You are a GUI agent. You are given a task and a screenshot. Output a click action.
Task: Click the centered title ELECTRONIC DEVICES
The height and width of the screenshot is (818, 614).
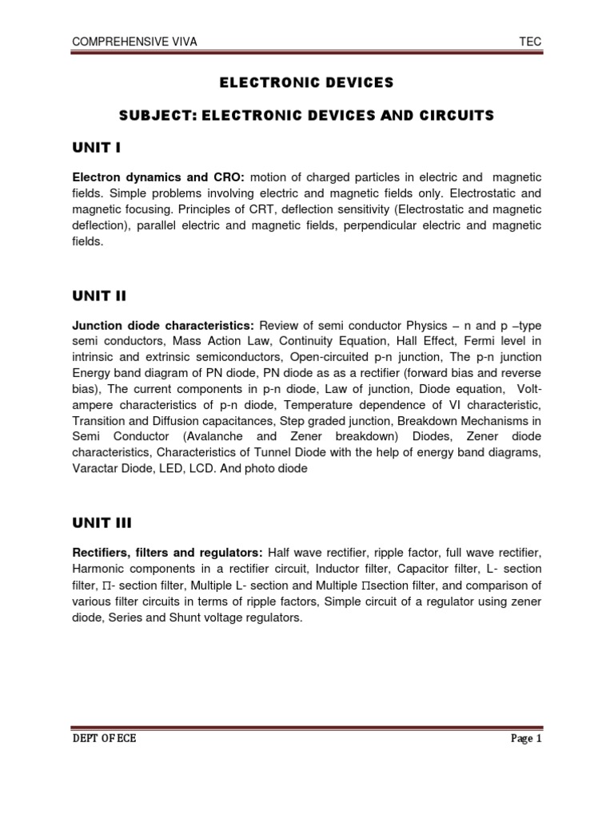306,81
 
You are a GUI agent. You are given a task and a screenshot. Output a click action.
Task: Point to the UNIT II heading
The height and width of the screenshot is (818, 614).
99,296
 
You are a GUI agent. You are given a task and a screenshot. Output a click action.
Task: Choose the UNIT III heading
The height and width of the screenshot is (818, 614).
102,523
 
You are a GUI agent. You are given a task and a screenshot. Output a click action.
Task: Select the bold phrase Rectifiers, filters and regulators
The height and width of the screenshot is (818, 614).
167,552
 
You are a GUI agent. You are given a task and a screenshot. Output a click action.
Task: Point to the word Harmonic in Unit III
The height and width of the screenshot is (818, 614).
98,568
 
